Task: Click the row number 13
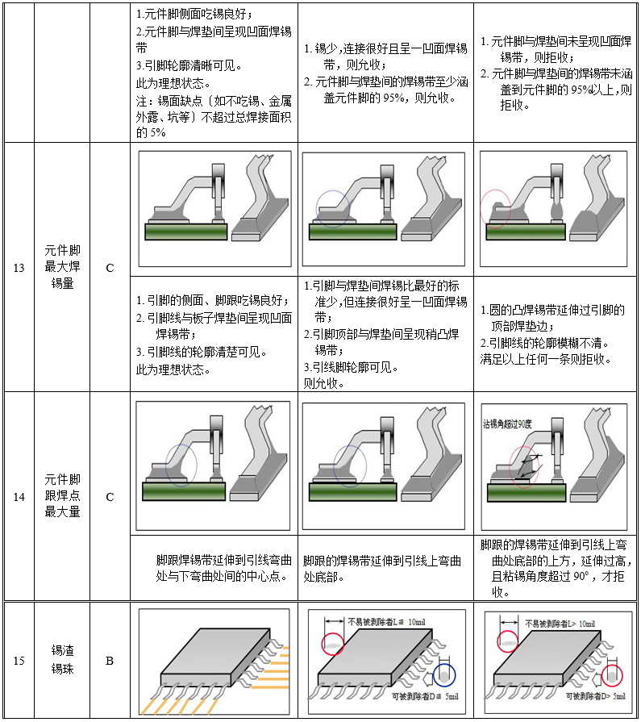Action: pyautogui.click(x=19, y=268)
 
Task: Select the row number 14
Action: pyautogui.click(x=19, y=497)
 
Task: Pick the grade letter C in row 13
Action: pyautogui.click(x=110, y=268)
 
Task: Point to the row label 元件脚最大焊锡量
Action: pyautogui.click(x=62, y=268)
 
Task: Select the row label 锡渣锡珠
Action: pyautogui.click(x=62, y=660)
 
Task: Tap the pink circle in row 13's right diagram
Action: pyautogui.click(x=495, y=208)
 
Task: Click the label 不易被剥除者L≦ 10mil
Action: pyautogui.click(x=385, y=622)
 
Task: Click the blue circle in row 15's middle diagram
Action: pyautogui.click(x=443, y=674)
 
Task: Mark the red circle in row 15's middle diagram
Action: pyautogui.click(x=332, y=644)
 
